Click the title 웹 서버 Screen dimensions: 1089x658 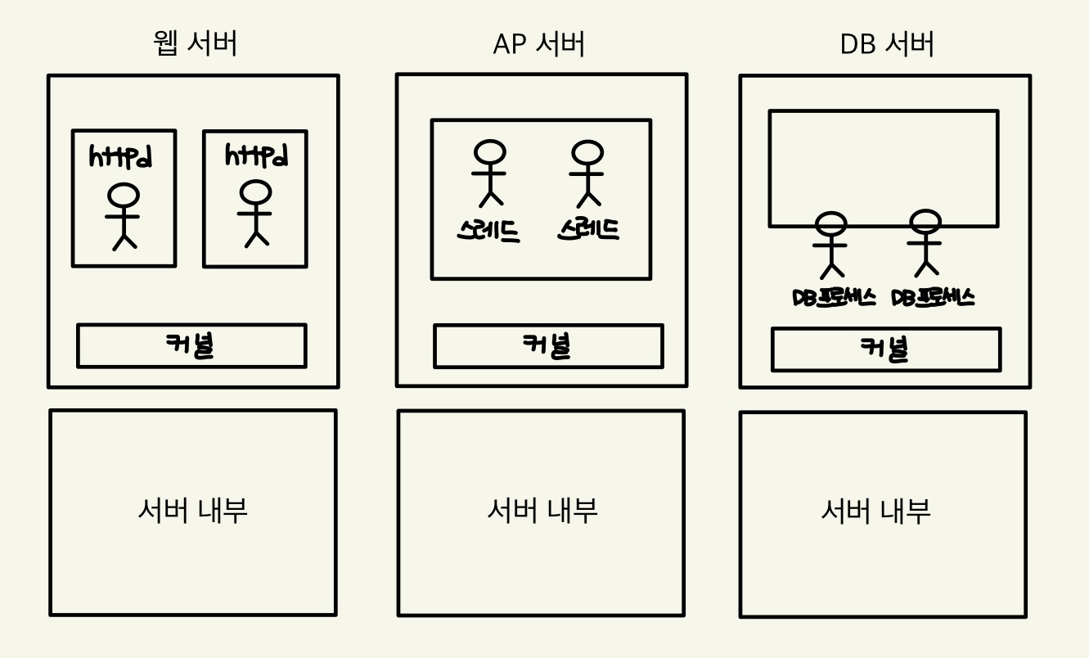[196, 43]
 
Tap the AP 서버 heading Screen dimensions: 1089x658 [539, 44]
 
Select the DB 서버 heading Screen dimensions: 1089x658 [887, 44]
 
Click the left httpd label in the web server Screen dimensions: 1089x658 [121, 156]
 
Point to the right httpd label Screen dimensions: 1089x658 [256, 155]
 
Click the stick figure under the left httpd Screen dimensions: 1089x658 [124, 216]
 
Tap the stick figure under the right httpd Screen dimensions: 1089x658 [255, 213]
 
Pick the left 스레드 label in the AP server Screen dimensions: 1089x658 [488, 231]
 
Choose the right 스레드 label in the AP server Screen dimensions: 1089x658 [588, 229]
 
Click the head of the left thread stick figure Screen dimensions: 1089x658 [490, 152]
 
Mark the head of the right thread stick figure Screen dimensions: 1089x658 [587, 152]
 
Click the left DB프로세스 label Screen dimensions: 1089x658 [834, 297]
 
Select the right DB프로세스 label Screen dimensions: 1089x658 [933, 297]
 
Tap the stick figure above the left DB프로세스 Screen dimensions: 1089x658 [831, 244]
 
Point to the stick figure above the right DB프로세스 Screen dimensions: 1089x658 [926, 242]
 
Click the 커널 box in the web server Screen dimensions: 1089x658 [191, 346]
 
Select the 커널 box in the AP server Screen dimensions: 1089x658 [547, 346]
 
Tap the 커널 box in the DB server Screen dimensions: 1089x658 [885, 349]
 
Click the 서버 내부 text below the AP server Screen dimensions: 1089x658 [542, 511]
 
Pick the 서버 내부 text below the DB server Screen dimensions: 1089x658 [875, 512]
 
